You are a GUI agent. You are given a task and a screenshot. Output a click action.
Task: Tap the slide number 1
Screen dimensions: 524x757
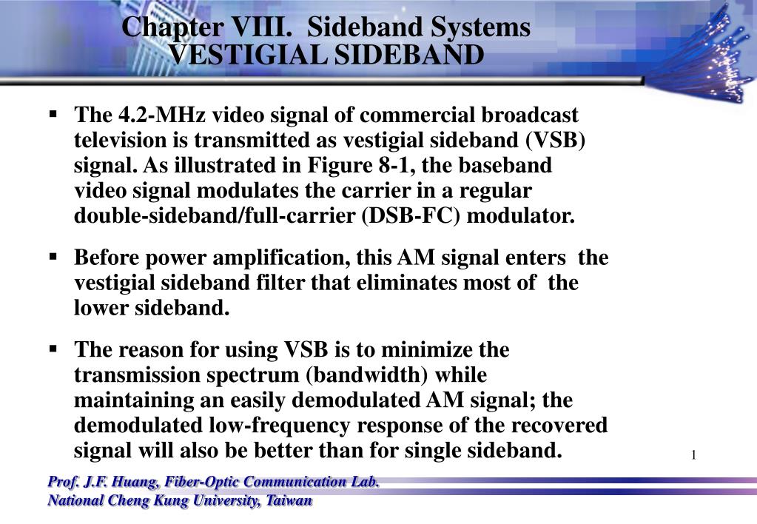[x=694, y=454]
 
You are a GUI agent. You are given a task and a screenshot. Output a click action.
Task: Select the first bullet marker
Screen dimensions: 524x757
[x=53, y=115]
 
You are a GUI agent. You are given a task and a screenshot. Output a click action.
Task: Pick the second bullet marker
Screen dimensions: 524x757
[x=53, y=257]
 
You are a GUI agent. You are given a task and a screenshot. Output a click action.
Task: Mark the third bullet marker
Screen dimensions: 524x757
[x=53, y=348]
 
